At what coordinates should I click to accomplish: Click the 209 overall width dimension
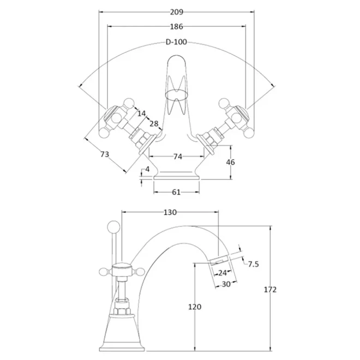point(177,12)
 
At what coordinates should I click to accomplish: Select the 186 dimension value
point(177,27)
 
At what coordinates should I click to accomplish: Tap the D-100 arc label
point(176,42)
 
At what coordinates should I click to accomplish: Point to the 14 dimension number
point(142,113)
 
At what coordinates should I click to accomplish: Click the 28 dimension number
point(154,124)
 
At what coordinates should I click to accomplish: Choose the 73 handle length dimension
point(105,154)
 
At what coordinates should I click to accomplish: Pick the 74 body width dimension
point(178,157)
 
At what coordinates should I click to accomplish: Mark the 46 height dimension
point(231,162)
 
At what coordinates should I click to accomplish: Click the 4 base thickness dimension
point(147,169)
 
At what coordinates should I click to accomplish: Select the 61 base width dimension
point(176,192)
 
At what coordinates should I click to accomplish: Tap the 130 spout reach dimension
point(170,212)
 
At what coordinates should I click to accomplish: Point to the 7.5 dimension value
point(254,264)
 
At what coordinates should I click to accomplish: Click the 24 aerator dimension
point(222,273)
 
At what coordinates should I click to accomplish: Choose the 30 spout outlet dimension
point(226,284)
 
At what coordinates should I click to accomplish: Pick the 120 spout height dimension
point(195,307)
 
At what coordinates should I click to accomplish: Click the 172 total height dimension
point(270,290)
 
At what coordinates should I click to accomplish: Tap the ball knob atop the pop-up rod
point(113,226)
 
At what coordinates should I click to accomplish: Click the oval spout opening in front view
point(176,95)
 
